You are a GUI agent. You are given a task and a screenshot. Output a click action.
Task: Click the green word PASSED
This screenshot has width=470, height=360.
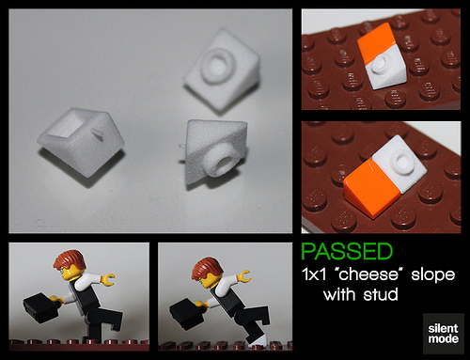pyautogui.click(x=347, y=251)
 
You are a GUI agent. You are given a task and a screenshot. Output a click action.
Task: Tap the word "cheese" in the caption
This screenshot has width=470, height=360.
pyautogui.click(x=368, y=274)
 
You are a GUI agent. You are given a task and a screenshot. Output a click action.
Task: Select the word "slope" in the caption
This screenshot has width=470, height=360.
pyautogui.click(x=432, y=275)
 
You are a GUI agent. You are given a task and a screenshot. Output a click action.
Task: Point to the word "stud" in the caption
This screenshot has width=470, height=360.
pyautogui.click(x=381, y=294)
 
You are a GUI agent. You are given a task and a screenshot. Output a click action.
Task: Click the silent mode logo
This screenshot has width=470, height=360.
pyautogui.click(x=443, y=334)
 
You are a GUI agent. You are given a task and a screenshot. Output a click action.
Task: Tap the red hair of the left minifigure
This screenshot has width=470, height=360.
pyautogui.click(x=70, y=259)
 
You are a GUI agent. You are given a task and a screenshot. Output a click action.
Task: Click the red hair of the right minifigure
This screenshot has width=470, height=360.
pyautogui.click(x=208, y=267)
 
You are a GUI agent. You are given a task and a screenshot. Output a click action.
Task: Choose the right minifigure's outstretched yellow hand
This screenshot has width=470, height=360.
pyautogui.click(x=244, y=276)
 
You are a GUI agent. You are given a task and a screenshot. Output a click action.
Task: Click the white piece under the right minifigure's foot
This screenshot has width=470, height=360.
pyautogui.click(x=259, y=340)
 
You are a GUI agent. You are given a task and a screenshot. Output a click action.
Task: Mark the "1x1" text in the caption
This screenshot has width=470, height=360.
pyautogui.click(x=314, y=274)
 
